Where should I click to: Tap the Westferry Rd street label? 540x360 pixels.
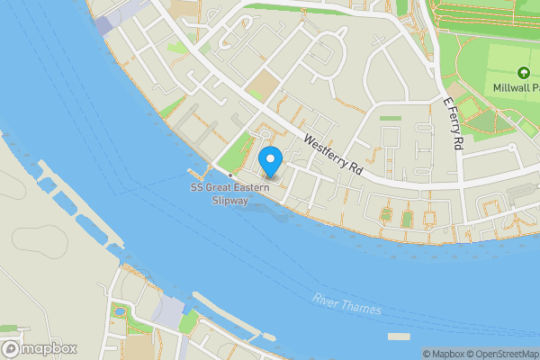click(x=332, y=155)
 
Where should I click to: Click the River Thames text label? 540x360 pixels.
click(x=347, y=304)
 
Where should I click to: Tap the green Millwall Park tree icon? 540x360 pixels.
click(x=521, y=73)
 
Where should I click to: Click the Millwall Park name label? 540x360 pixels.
click(x=516, y=87)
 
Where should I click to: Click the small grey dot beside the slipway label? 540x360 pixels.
click(x=230, y=175)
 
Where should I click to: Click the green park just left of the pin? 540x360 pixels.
click(x=236, y=152)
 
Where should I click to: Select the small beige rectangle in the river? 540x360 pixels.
click(x=400, y=336)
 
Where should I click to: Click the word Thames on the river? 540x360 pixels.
click(x=362, y=309)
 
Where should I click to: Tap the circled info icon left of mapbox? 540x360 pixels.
click(x=10, y=348)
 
